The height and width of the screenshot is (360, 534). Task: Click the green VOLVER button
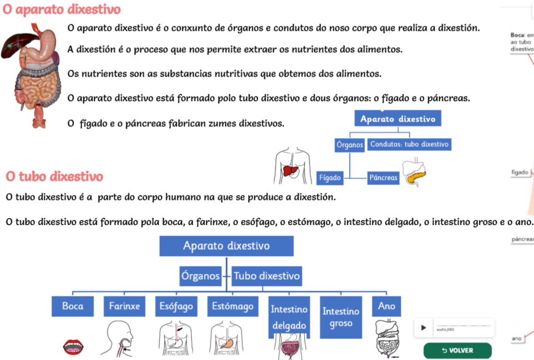coord(458,350)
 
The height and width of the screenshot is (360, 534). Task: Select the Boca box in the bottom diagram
coord(73,306)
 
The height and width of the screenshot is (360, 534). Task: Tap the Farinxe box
coord(124,306)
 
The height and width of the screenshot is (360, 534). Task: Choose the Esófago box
coord(176,306)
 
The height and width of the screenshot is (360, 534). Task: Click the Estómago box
coord(233,306)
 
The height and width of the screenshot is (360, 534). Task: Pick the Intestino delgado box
coord(289,317)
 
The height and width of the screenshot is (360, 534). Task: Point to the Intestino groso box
coord(341,317)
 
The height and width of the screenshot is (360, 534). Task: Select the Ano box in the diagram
coord(387,306)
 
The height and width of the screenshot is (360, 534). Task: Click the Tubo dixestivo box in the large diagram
coord(267,276)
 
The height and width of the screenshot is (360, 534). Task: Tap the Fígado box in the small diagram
coord(330,178)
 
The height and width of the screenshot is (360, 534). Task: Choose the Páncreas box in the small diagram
coord(383,178)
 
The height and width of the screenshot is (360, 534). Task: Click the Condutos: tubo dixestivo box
coord(409,144)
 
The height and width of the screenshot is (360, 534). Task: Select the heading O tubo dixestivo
coord(55,176)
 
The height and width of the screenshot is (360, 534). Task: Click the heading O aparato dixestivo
coord(62,9)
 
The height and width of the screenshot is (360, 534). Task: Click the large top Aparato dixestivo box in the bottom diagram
coord(226,246)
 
